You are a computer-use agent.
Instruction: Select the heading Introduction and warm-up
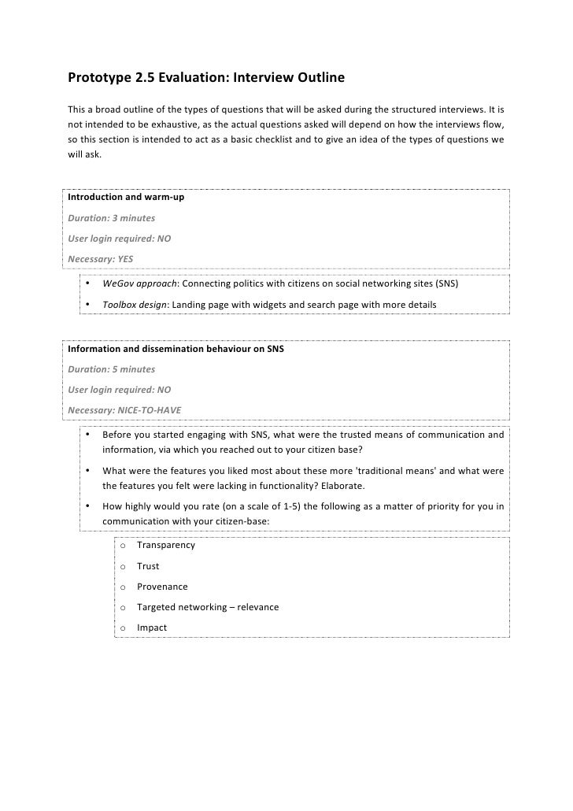point(126,196)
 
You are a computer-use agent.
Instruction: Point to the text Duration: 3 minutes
point(112,217)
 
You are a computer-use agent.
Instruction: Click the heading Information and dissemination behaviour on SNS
point(176,348)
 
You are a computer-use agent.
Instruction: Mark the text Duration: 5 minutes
point(112,368)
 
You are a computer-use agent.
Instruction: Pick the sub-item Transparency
point(165,545)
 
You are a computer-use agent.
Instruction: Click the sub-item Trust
point(148,566)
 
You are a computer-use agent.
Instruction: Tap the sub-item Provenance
point(162,587)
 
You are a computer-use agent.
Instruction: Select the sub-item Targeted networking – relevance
point(207,607)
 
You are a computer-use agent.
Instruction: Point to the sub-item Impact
point(151,628)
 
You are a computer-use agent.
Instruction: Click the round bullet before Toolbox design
point(89,304)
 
